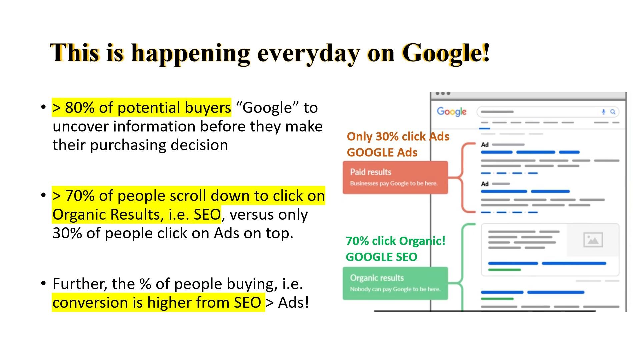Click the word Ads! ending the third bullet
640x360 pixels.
pyautogui.click(x=294, y=302)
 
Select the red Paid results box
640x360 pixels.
pyautogui.click(x=395, y=177)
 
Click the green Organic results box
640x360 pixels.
pyautogui.click(x=395, y=283)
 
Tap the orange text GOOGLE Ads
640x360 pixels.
pyautogui.click(x=382, y=152)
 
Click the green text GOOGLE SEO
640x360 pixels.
pyautogui.click(x=381, y=257)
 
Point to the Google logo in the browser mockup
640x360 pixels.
pyautogui.click(x=452, y=112)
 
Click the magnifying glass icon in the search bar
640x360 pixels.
pyautogui.click(x=613, y=112)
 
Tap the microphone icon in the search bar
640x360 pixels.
pyautogui.click(x=603, y=112)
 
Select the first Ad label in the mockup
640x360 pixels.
pyautogui.click(x=485, y=145)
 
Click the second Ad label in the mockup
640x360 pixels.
pyautogui.click(x=485, y=184)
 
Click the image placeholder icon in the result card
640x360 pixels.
pyautogui.click(x=593, y=240)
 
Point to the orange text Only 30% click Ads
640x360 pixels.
pyautogui.click(x=398, y=136)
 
